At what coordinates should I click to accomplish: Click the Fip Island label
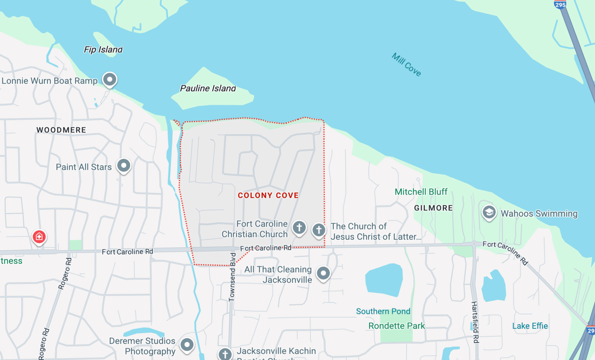coord(103,50)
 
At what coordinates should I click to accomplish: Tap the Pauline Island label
coord(208,88)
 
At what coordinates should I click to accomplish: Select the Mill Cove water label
coord(406,65)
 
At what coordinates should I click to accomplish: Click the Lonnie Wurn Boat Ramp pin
coord(110,79)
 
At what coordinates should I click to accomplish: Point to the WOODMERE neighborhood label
coord(61,130)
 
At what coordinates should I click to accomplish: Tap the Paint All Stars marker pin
coord(124,165)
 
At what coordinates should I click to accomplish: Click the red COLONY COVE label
coord(268,196)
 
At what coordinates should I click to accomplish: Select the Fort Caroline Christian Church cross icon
coord(299,228)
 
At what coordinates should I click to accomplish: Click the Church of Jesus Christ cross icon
coord(318,229)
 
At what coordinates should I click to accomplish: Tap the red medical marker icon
coord(39,236)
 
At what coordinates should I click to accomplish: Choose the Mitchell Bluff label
coord(421,192)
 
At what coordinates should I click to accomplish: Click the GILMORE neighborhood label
coord(433,208)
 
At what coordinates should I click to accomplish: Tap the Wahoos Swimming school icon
coord(489,213)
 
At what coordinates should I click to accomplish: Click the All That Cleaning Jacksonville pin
coord(324,273)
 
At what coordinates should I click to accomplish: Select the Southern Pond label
coord(383,311)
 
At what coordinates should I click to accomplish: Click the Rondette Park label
coord(397,326)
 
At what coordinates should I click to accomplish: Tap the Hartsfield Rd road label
coord(475,322)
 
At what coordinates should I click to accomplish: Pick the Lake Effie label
coord(530,326)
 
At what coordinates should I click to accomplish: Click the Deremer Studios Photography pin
coord(187,344)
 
